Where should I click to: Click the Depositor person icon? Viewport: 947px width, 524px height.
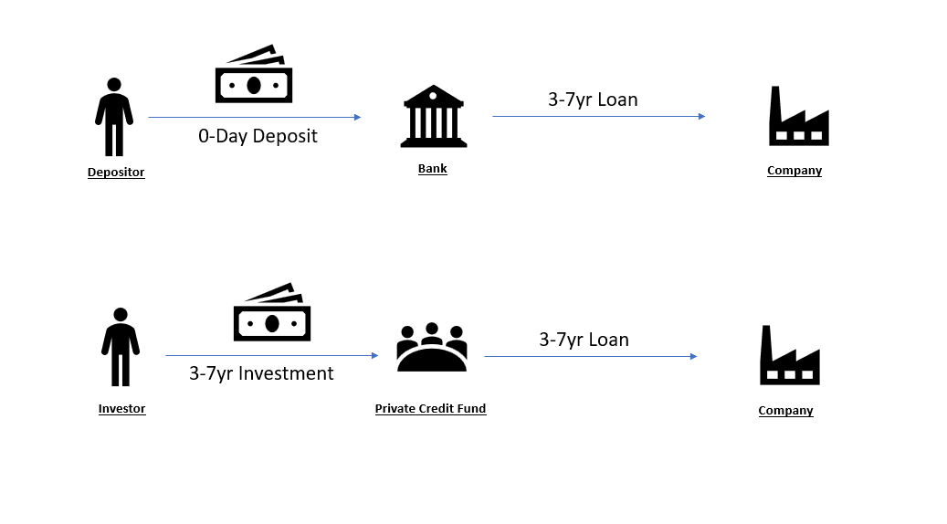pyautogui.click(x=114, y=117)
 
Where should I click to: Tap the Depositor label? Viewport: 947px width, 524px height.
pyautogui.click(x=116, y=172)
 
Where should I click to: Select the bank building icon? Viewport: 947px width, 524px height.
pyautogui.click(x=433, y=116)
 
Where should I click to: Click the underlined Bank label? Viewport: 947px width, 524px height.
pyautogui.click(x=433, y=169)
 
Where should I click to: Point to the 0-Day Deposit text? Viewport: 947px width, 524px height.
pyautogui.click(x=258, y=137)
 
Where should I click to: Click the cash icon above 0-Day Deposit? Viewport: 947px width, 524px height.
pyautogui.click(x=254, y=75)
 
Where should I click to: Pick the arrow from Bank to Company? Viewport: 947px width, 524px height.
pyautogui.click(x=598, y=117)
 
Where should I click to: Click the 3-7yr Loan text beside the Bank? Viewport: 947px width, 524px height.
pyautogui.click(x=593, y=100)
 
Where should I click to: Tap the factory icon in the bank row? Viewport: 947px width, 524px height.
pyautogui.click(x=798, y=117)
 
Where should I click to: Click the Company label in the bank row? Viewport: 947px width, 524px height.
pyautogui.click(x=794, y=171)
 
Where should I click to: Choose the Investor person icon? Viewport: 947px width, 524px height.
pyautogui.click(x=121, y=347)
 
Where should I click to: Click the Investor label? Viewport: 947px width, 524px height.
pyautogui.click(x=121, y=409)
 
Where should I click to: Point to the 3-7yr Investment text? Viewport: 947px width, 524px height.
pyautogui.click(x=261, y=373)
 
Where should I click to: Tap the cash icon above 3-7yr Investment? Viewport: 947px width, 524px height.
pyautogui.click(x=272, y=312)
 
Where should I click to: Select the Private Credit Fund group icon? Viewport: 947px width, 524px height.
pyautogui.click(x=431, y=348)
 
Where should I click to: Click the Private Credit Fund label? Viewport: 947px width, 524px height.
pyautogui.click(x=430, y=409)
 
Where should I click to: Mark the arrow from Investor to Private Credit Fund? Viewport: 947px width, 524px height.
pyautogui.click(x=271, y=355)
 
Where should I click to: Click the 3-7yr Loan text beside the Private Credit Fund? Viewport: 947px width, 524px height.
pyautogui.click(x=584, y=340)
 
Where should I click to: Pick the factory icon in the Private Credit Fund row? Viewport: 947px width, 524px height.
pyautogui.click(x=789, y=355)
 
